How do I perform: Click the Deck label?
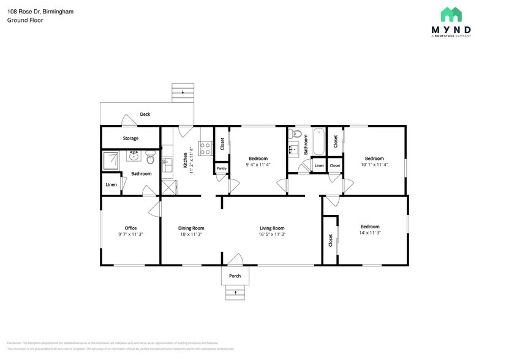tap(145, 114)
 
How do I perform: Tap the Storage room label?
tap(130, 138)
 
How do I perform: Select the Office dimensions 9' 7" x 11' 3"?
tap(130, 234)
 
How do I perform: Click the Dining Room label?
tap(191, 228)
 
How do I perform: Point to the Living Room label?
tap(272, 228)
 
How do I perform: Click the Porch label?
tap(235, 276)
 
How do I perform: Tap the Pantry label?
tap(221, 168)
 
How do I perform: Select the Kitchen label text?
tap(186, 160)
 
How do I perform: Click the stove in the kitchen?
tap(206, 148)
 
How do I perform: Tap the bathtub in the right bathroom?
tap(319, 141)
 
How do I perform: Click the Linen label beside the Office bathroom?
tap(111, 185)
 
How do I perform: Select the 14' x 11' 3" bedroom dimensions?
tap(370, 233)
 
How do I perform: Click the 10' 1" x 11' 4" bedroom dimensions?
tap(374, 164)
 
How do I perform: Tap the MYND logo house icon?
tap(451, 15)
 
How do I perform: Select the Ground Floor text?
tap(25, 20)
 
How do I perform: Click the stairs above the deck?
tap(183, 92)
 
